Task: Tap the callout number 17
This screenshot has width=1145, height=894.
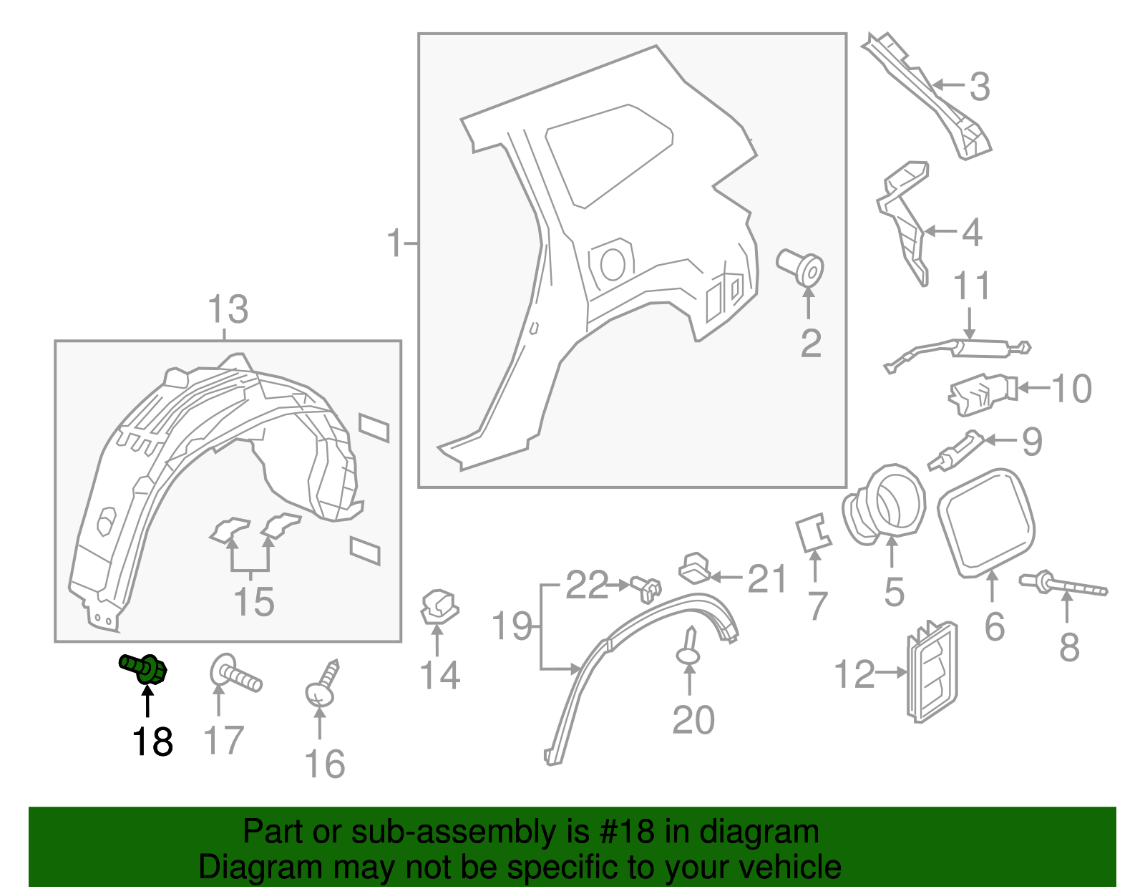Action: coord(224,740)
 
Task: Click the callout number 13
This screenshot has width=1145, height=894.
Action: coord(228,310)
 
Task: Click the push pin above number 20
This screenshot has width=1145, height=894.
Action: coord(689,647)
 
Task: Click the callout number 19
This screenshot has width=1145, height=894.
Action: coord(512,626)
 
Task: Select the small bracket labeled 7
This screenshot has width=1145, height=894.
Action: coord(814,534)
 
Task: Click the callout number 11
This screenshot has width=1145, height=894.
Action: coord(972,286)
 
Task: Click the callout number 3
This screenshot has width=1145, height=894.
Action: coord(980,87)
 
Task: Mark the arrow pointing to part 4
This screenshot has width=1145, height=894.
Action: coord(940,231)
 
